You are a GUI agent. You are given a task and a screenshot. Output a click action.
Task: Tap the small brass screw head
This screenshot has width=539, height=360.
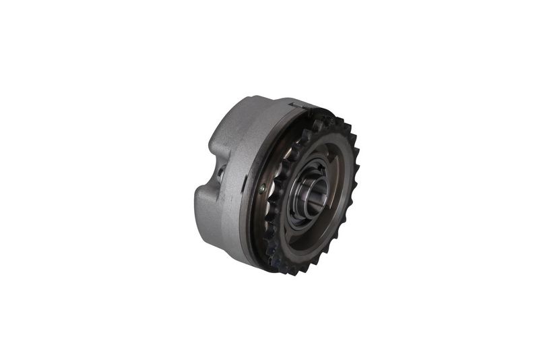pos(261,189)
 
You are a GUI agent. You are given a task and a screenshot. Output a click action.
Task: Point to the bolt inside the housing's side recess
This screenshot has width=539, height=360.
pos(220,173)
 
